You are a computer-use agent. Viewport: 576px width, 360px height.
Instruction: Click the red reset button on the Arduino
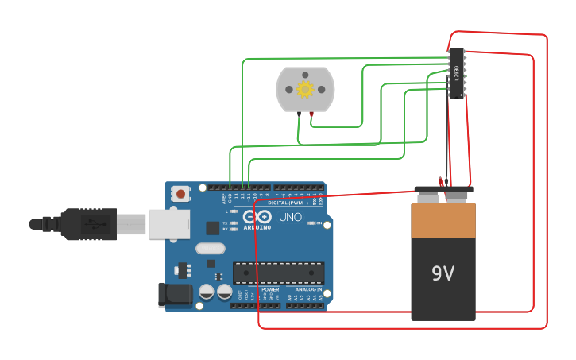(x=181, y=193)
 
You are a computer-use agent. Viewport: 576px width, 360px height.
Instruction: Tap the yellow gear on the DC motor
(x=305, y=89)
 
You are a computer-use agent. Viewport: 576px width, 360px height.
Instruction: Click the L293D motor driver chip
(x=456, y=73)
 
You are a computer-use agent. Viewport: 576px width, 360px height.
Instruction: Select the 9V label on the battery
(x=443, y=273)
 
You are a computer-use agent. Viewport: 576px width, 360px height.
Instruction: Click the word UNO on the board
(x=290, y=217)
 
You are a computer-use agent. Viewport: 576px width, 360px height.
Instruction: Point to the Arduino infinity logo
(x=263, y=216)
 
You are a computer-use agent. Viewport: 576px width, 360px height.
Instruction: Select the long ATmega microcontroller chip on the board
(x=278, y=273)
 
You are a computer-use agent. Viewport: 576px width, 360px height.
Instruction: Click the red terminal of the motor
(x=311, y=115)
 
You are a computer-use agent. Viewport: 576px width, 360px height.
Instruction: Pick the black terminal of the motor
(x=299, y=115)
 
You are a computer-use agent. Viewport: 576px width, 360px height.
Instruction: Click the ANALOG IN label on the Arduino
(x=308, y=290)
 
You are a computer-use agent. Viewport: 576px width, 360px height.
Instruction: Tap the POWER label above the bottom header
(x=270, y=290)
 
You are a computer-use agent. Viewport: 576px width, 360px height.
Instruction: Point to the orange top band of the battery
(x=443, y=220)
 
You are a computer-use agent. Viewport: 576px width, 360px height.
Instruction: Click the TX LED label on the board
(x=226, y=224)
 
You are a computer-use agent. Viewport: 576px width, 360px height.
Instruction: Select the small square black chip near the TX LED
(x=212, y=228)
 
